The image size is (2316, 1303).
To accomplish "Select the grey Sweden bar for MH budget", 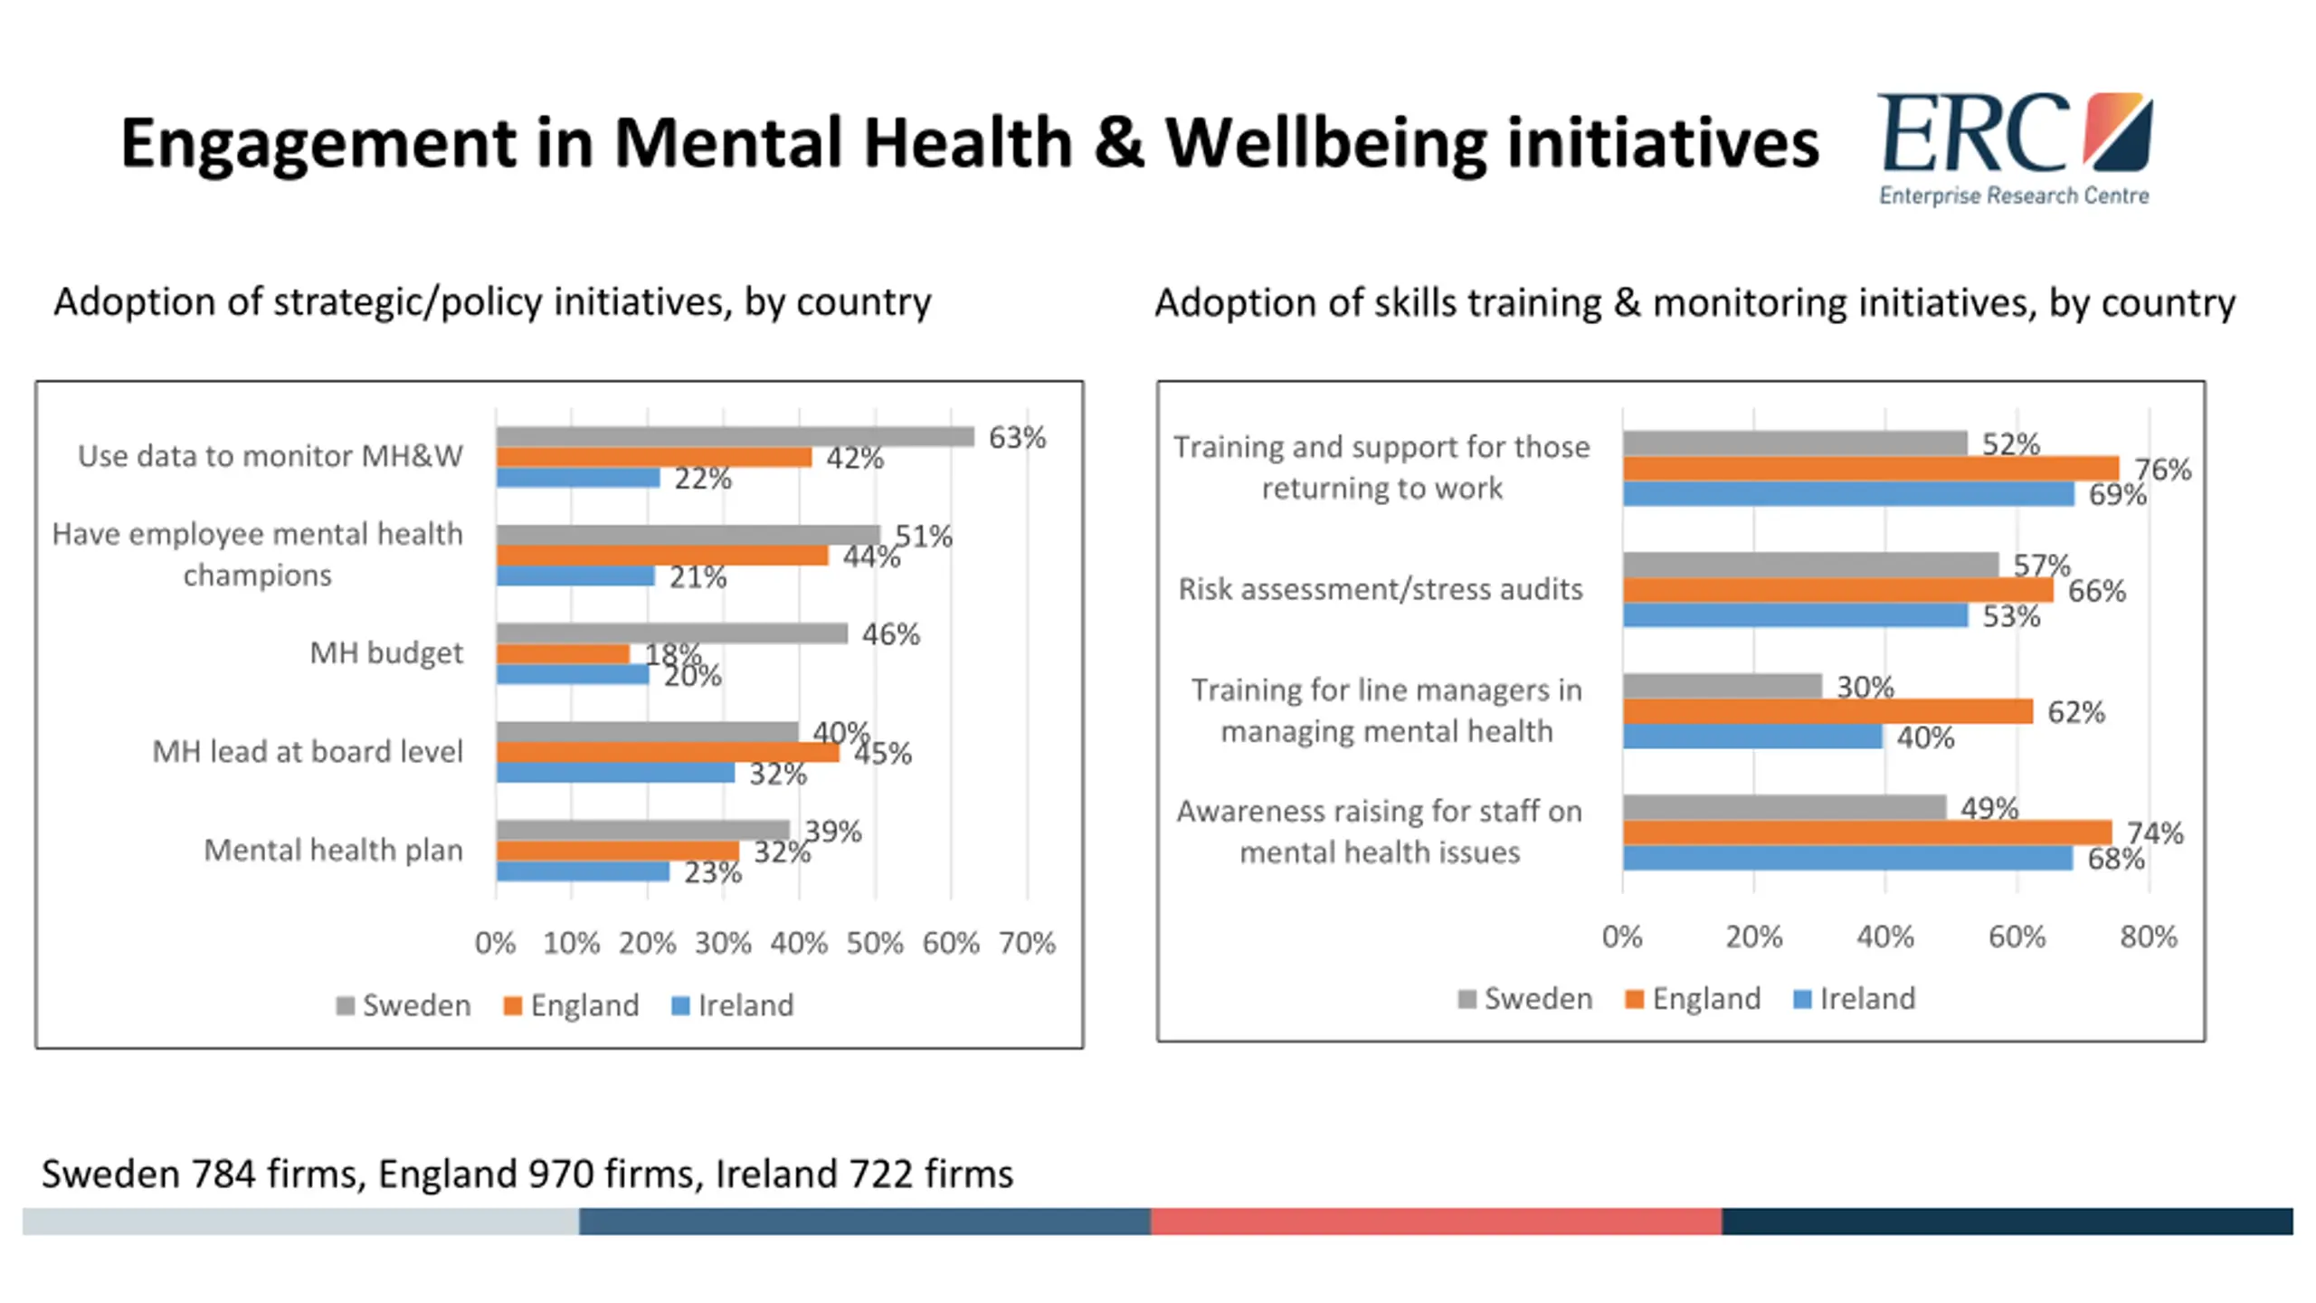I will (671, 633).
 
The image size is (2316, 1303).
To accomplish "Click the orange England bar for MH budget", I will (563, 653).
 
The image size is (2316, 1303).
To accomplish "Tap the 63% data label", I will (1017, 438).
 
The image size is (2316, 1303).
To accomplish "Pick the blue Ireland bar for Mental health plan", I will (583, 871).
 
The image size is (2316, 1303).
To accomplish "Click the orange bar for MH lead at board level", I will (668, 752).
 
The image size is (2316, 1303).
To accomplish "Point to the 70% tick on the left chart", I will (1027, 943).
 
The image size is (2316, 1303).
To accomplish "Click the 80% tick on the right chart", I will (2149, 937).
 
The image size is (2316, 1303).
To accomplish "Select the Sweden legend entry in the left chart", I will (403, 1005).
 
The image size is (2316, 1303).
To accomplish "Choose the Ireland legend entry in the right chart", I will (1855, 999).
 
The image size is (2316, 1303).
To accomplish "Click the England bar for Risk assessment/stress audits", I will (1837, 591).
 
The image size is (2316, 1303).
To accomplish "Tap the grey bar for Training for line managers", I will (1722, 686).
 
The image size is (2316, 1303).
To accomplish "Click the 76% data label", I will (2162, 470).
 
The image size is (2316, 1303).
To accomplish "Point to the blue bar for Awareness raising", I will (1847, 858).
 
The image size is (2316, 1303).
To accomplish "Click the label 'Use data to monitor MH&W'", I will (270, 456).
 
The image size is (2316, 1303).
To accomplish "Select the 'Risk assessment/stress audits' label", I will (1380, 589).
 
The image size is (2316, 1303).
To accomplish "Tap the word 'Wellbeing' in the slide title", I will (1325, 143).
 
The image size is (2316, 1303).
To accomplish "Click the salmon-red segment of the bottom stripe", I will (1436, 1221).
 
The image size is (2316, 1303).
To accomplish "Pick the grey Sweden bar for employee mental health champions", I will (688, 535).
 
